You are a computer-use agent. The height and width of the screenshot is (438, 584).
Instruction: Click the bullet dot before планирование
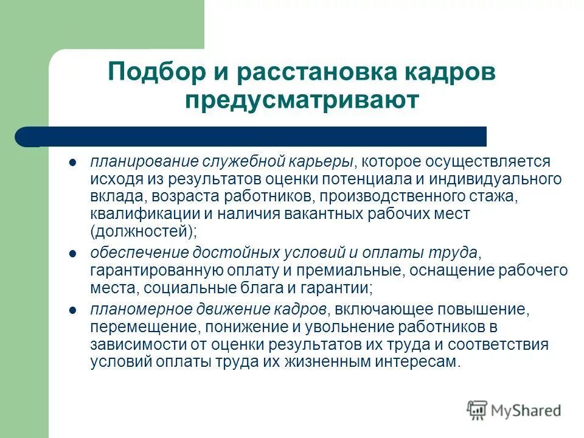click(72, 163)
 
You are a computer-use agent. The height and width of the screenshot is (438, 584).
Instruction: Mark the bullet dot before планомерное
click(72, 310)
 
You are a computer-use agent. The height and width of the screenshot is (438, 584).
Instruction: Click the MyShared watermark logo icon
click(477, 411)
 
